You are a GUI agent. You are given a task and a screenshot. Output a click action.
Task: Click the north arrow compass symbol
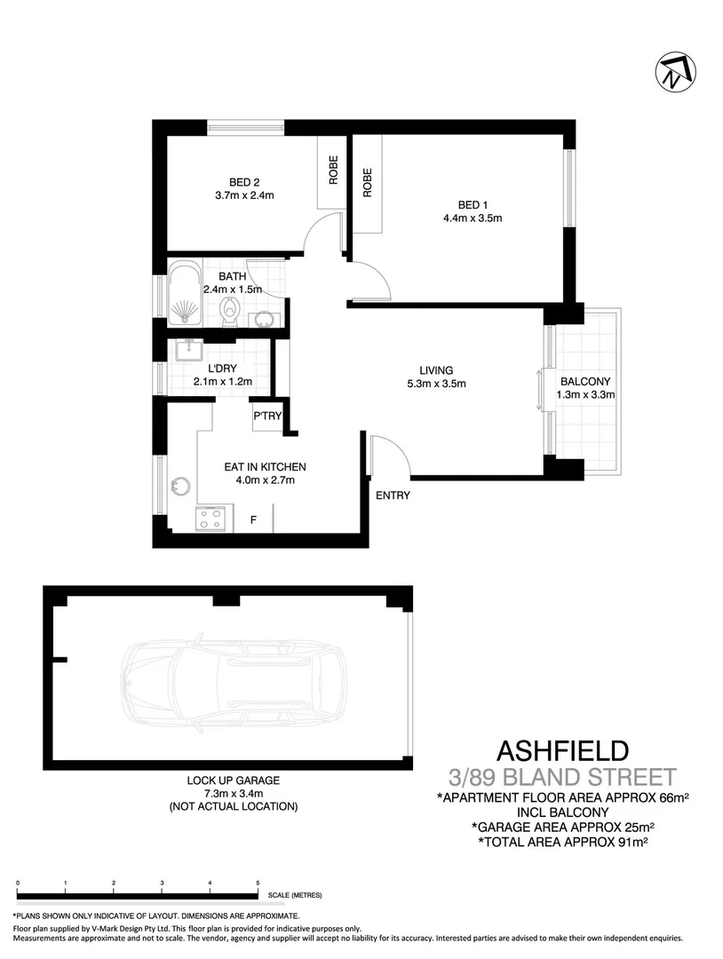click(x=675, y=73)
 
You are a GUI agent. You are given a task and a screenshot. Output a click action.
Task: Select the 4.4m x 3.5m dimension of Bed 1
click(x=473, y=218)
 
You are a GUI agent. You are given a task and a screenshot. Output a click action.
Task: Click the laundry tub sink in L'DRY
click(x=188, y=351)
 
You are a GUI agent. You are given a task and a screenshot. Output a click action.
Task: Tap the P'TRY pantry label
click(x=267, y=416)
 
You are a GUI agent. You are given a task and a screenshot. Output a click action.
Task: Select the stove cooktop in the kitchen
click(x=213, y=519)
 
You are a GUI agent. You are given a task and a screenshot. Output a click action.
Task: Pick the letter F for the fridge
click(x=253, y=519)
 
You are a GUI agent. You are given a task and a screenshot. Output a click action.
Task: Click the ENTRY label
click(x=393, y=495)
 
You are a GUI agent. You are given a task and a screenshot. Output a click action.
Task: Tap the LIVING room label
click(x=437, y=370)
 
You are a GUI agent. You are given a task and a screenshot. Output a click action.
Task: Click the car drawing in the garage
click(x=235, y=680)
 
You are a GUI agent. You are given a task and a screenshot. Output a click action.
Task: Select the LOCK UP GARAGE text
click(x=233, y=781)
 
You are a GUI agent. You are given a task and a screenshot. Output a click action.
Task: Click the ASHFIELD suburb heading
click(x=562, y=751)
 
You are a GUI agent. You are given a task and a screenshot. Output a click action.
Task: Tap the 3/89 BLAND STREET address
click(x=562, y=777)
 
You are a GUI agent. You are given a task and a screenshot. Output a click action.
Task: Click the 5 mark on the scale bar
click(x=258, y=884)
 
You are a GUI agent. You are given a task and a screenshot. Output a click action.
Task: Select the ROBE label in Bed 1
click(x=367, y=182)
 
